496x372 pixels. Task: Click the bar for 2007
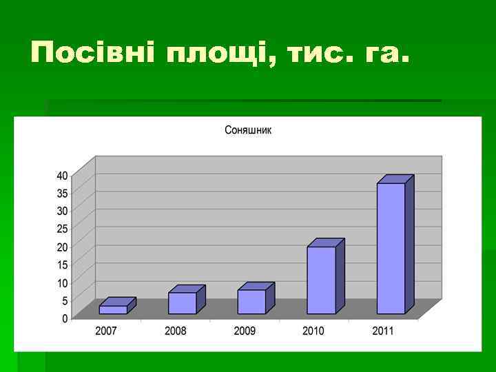(x=113, y=309)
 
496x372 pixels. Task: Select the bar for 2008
(x=183, y=302)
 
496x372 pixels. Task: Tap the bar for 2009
(x=251, y=301)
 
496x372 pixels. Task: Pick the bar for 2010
(x=321, y=280)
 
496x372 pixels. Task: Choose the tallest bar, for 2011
(x=391, y=248)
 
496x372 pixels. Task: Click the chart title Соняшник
(x=248, y=130)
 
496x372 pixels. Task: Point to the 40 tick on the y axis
(x=62, y=175)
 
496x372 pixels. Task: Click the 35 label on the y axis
(x=62, y=193)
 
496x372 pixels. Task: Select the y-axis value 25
(x=62, y=229)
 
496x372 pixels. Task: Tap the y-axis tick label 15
(x=62, y=265)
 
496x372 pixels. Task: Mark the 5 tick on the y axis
(x=65, y=300)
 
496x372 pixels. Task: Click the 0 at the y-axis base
(x=65, y=318)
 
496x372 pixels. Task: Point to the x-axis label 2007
(x=106, y=331)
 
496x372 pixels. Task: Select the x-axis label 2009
(x=245, y=331)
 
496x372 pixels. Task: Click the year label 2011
(x=383, y=331)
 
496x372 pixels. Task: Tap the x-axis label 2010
(x=313, y=331)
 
